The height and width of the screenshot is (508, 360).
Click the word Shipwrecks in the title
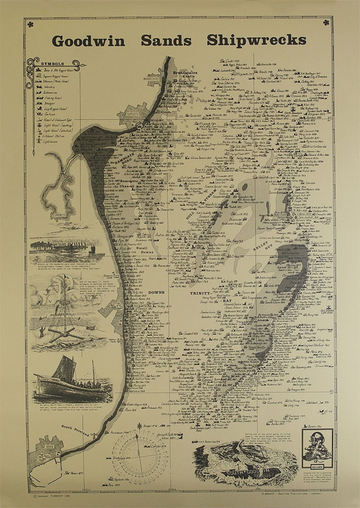[x=256, y=40]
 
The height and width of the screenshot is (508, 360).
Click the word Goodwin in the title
[x=88, y=41]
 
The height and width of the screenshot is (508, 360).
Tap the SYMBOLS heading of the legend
[x=53, y=64]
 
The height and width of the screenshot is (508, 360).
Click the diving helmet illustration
[x=317, y=446]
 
